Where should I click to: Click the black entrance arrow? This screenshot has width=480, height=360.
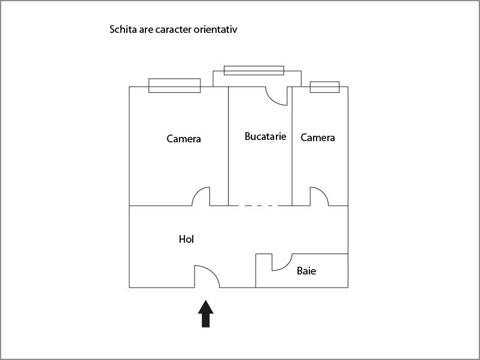pyautogui.click(x=206, y=314)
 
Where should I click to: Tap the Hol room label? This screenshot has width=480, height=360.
pyautogui.click(x=186, y=239)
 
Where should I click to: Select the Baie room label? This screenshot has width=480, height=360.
pyautogui.click(x=306, y=271)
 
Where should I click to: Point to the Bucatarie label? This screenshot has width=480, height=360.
pyautogui.click(x=265, y=136)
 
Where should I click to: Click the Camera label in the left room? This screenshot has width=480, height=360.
pyautogui.click(x=184, y=139)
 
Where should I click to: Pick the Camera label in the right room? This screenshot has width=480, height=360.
pyautogui.click(x=318, y=138)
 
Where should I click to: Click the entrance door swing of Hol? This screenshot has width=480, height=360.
pyautogui.click(x=212, y=271)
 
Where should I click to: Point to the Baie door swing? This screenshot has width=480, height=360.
pyautogui.click(x=285, y=266)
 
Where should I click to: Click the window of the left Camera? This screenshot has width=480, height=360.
pyautogui.click(x=175, y=86)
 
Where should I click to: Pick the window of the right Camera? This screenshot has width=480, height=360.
pyautogui.click(x=324, y=87)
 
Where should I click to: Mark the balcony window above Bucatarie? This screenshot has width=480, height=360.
pyautogui.click(x=254, y=71)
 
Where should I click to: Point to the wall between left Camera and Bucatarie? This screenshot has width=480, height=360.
pyautogui.click(x=229, y=146)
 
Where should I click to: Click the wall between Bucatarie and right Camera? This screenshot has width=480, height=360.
pyautogui.click(x=292, y=146)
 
